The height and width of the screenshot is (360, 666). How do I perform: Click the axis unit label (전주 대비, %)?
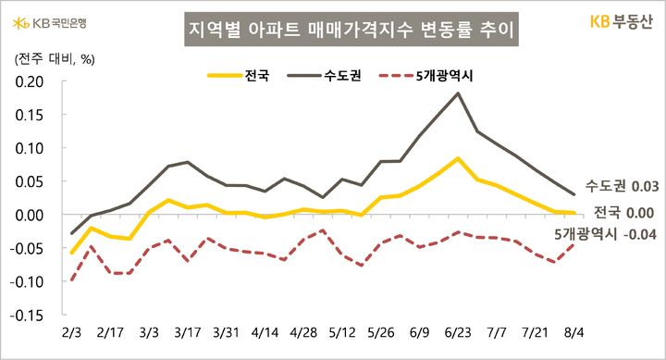(51, 58)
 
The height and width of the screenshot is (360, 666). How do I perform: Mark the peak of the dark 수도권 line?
(459, 93)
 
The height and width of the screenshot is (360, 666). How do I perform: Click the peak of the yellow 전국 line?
(459, 158)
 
